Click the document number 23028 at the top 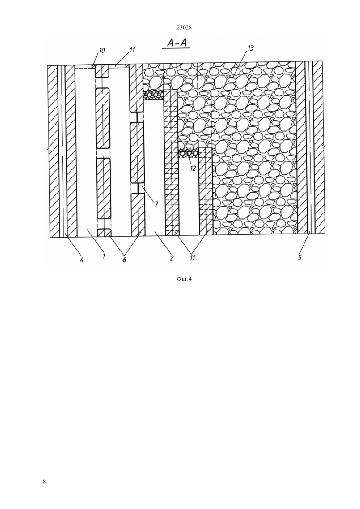(x=184, y=28)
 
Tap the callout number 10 (x=102, y=50)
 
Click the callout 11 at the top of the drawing (x=132, y=50)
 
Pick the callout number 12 (x=193, y=169)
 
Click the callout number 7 (x=156, y=204)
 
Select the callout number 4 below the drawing (x=81, y=260)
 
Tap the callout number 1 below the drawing (x=104, y=256)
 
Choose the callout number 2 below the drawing (x=171, y=258)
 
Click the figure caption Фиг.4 (x=184, y=279)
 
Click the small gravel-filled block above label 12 (x=189, y=153)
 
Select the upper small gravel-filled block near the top (x=153, y=94)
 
